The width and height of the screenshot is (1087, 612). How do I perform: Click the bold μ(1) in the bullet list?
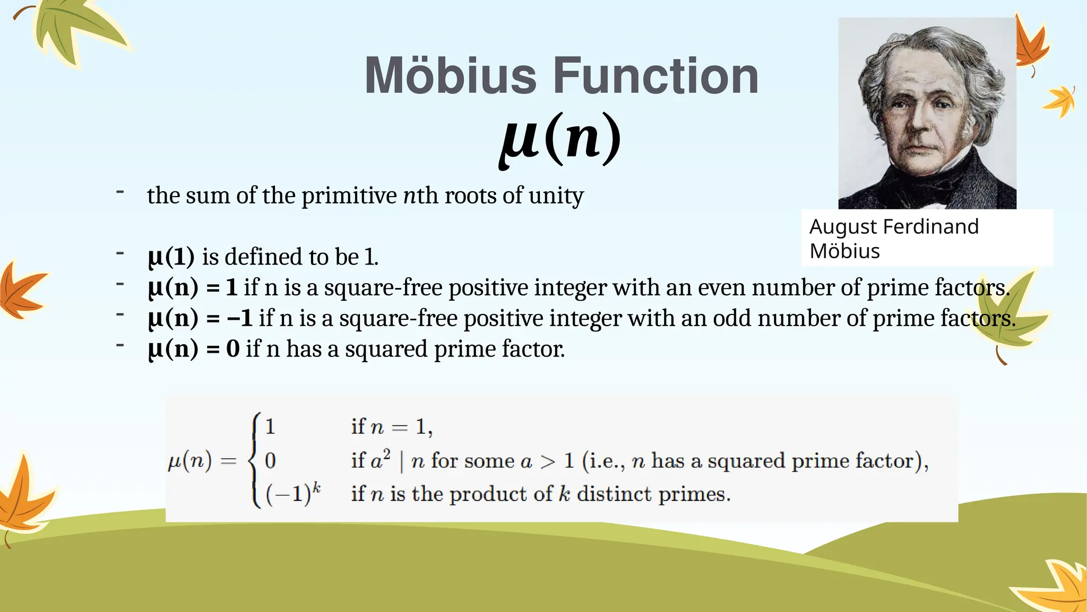point(171,257)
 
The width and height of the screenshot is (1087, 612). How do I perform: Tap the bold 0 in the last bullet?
point(232,349)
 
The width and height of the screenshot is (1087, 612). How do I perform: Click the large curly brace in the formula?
point(256,460)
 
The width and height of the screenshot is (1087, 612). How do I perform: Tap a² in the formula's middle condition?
point(380,460)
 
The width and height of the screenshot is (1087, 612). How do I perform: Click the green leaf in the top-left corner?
point(74,32)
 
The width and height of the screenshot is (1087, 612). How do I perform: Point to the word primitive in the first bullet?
point(349,195)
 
